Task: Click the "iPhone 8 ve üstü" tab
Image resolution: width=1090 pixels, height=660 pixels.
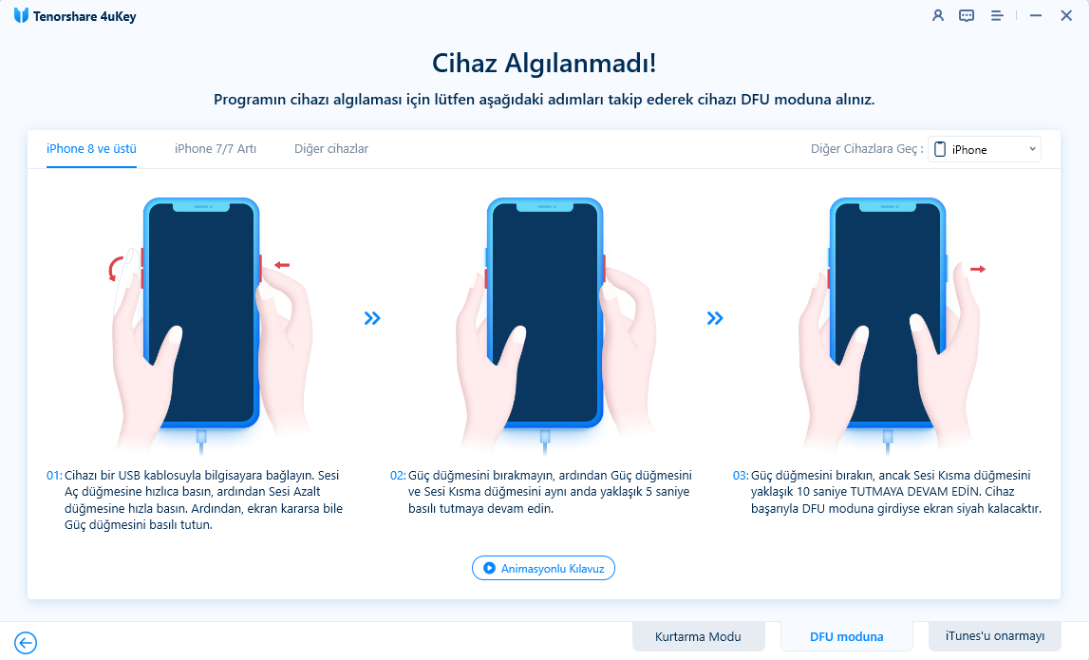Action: click(x=91, y=149)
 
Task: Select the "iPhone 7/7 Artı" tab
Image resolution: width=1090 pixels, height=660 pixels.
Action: click(x=216, y=149)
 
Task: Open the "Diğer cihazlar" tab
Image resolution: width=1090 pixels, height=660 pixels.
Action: click(x=331, y=149)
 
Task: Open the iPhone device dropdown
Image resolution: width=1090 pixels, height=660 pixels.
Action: click(x=985, y=149)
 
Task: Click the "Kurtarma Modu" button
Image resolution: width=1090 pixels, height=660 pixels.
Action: click(x=698, y=636)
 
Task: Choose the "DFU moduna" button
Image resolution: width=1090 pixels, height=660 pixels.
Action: click(x=847, y=636)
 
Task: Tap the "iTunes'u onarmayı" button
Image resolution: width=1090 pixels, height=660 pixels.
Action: click(x=995, y=636)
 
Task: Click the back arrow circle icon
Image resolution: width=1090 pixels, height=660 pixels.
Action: click(x=26, y=643)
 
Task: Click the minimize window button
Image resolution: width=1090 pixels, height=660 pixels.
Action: click(x=1036, y=15)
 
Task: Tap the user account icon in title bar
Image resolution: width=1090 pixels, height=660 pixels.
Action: click(x=938, y=15)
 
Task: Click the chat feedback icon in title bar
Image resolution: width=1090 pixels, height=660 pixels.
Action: click(x=967, y=15)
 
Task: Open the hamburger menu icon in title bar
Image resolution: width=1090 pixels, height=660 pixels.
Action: click(x=997, y=15)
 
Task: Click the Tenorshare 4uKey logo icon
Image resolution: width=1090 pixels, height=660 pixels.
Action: click(x=21, y=15)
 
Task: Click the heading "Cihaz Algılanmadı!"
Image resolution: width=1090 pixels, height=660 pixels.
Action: click(x=544, y=64)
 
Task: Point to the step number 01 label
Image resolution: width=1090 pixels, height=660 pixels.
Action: click(x=54, y=475)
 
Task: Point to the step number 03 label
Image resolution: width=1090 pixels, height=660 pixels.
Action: click(x=741, y=475)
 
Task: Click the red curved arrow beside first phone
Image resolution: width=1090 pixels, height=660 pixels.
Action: click(x=116, y=270)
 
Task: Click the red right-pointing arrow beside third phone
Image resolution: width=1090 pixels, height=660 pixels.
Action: click(x=978, y=270)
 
